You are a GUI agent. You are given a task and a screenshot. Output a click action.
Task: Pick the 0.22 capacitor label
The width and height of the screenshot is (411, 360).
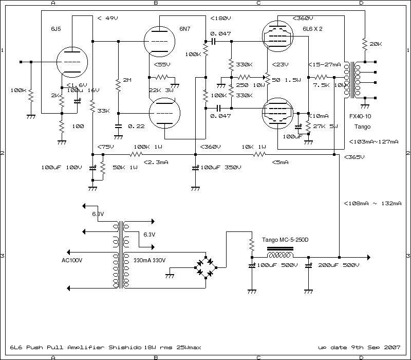pos(136,126)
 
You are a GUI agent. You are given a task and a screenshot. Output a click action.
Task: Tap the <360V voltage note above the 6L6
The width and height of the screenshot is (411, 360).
pos(303,19)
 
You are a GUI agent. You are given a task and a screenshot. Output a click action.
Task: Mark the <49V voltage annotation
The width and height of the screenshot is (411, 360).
pos(107,19)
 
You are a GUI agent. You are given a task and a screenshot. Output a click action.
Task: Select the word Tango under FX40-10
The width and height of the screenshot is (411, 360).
pos(362,126)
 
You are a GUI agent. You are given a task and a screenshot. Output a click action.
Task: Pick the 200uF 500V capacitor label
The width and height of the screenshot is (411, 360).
pos(338,265)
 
